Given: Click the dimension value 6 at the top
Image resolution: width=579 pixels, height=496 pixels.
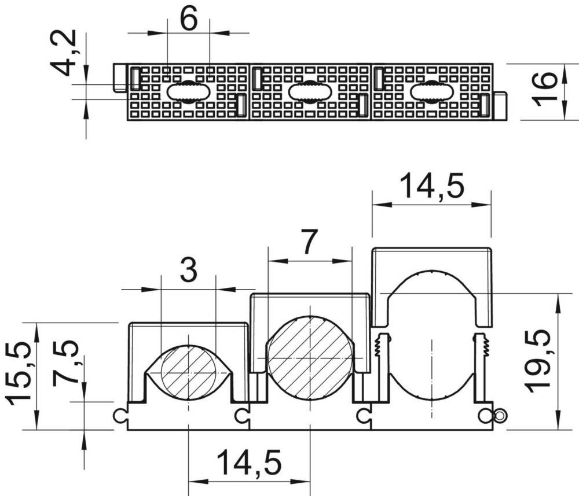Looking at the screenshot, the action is (x=189, y=18).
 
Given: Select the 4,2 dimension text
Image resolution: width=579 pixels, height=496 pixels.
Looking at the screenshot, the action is (x=64, y=53).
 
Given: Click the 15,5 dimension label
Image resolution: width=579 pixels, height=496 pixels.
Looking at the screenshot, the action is (x=19, y=374).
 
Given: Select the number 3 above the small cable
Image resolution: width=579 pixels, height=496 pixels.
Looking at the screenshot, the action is (x=189, y=271).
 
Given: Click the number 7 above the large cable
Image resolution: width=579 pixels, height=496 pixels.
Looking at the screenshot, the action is (x=309, y=242).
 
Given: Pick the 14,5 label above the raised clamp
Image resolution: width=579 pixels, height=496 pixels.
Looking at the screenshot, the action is (x=432, y=186).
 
